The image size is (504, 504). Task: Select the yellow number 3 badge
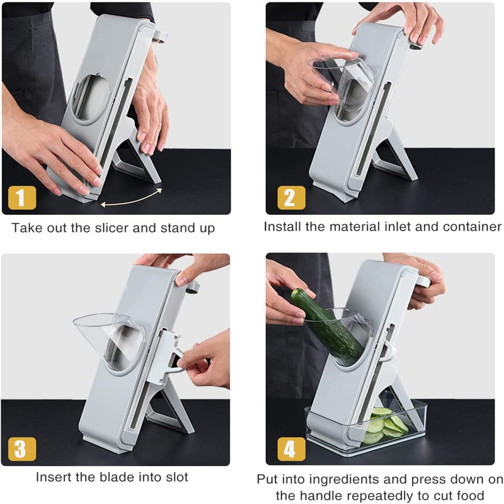[21, 449]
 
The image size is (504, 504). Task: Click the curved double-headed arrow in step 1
[131, 197]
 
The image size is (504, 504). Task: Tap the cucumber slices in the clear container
[386, 426]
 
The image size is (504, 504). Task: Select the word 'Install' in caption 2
[284, 226]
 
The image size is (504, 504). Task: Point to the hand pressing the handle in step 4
[419, 277]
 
